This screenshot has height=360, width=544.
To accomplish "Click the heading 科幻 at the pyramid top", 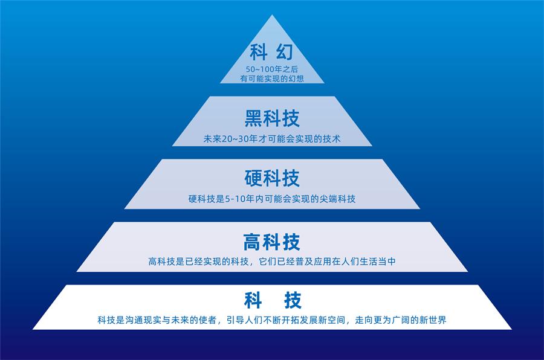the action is pyautogui.click(x=271, y=52).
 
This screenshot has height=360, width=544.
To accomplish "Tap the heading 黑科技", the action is pyautogui.click(x=272, y=118).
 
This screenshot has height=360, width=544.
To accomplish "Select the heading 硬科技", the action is pyautogui.click(x=272, y=178).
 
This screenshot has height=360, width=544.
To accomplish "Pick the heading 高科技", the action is pyautogui.click(x=271, y=242).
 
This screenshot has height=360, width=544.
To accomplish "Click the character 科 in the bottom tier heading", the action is pyautogui.click(x=253, y=300).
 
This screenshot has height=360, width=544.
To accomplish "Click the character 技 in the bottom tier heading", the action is pyautogui.click(x=293, y=300).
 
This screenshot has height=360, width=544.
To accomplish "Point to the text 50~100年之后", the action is pyautogui.click(x=272, y=69).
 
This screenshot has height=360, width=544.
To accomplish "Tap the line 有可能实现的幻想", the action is pyautogui.click(x=272, y=79).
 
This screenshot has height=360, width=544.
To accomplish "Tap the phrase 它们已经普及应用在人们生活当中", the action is pyautogui.click(x=328, y=262).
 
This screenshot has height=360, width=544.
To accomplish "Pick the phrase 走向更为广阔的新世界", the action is pyautogui.click(x=401, y=320).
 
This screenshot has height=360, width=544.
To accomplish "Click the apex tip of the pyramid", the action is pyautogui.click(x=273, y=14).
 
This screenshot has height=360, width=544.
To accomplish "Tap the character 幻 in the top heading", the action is pyautogui.click(x=285, y=52).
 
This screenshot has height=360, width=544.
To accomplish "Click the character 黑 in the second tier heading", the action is pyautogui.click(x=254, y=118).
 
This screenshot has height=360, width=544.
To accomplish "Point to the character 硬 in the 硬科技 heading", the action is pyautogui.click(x=254, y=178).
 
